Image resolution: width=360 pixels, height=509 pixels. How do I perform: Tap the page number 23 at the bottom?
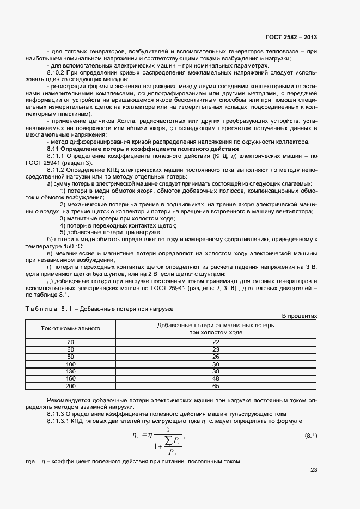point(313,470)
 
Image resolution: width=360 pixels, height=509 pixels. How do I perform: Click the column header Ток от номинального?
point(70,328)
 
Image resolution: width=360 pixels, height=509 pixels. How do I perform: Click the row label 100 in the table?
point(70,364)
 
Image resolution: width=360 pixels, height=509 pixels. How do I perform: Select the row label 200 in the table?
point(70,386)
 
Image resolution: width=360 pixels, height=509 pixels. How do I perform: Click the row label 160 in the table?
point(70,378)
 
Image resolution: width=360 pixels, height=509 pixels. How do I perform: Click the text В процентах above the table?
point(298,316)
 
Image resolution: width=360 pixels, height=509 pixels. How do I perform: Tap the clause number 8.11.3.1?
point(60,421)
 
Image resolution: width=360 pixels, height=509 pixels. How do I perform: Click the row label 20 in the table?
point(70,341)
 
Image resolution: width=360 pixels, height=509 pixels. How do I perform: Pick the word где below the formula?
point(30,462)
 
